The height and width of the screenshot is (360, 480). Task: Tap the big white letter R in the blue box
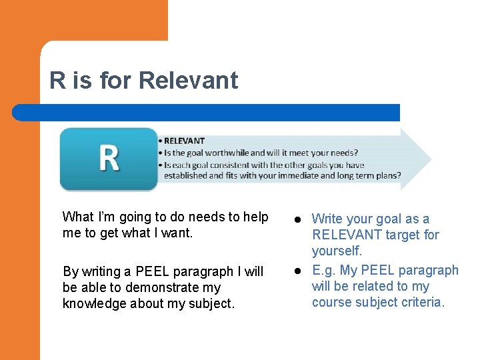coord(109,159)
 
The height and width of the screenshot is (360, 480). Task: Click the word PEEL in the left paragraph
coord(153,271)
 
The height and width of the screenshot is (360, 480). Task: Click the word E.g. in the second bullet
coord(324,270)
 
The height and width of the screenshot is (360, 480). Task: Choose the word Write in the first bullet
coord(327,219)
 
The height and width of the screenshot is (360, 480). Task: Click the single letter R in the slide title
coord(58,81)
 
